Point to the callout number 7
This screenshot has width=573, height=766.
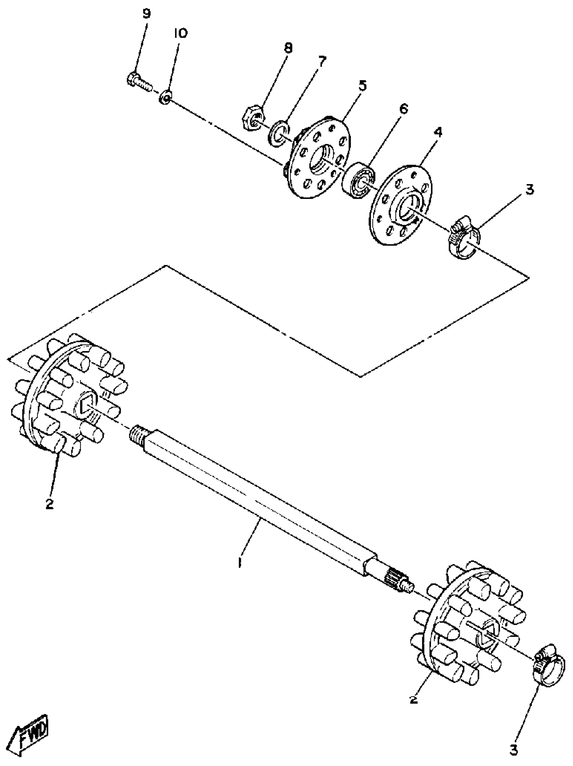pyautogui.click(x=322, y=62)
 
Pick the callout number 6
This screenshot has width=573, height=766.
pyautogui.click(x=403, y=109)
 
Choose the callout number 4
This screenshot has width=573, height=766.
pyautogui.click(x=438, y=132)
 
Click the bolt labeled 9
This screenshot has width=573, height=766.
pyautogui.click(x=139, y=81)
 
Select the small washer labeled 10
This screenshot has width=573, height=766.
pyautogui.click(x=166, y=97)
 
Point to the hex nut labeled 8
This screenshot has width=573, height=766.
pyautogui.click(x=252, y=119)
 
